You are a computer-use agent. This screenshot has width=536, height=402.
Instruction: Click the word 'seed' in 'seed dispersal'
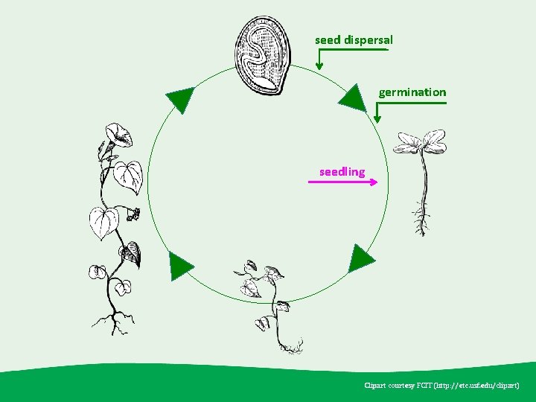[327, 39]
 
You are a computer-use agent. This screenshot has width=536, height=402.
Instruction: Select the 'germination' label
[412, 92]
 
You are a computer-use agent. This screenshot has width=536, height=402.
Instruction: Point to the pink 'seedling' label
[342, 172]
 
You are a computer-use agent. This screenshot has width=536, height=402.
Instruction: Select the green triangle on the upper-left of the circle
[179, 98]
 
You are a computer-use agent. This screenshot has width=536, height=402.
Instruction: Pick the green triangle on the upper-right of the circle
[353, 98]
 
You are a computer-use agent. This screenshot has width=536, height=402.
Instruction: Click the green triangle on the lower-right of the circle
[361, 258]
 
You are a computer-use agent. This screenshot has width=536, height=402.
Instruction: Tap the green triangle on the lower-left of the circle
[180, 265]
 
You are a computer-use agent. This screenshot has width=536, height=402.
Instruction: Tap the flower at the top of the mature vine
[117, 135]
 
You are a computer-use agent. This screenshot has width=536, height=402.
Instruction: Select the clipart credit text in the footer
[441, 386]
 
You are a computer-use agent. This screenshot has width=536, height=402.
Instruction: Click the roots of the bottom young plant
[290, 345]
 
